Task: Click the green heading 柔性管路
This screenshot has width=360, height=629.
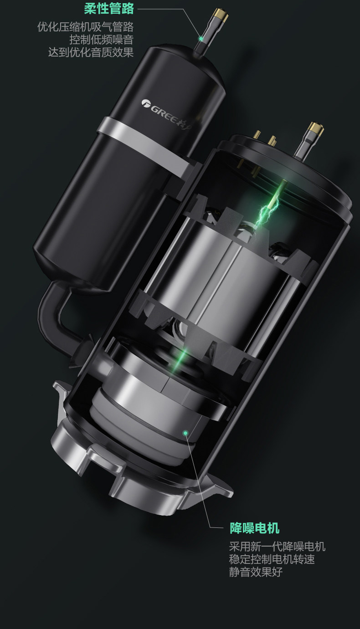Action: pos(109,9)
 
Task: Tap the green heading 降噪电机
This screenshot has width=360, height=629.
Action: pos(255,527)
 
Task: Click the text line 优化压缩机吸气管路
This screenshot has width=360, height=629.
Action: pos(85,27)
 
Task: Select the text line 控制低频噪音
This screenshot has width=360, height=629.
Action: pos(102,40)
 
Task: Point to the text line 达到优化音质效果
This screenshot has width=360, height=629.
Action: pos(91,52)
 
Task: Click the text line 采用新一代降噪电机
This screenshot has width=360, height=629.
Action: pos(277,547)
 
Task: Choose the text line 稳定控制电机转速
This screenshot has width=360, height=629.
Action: pos(272,559)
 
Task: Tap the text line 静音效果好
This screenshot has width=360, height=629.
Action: pos(256,572)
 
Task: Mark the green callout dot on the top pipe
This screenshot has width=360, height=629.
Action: pos(201,38)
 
